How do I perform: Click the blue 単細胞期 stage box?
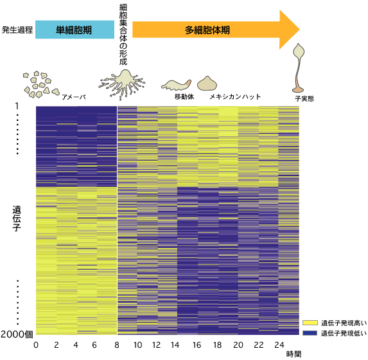[x=74, y=30]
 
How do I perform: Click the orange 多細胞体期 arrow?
[x=216, y=30]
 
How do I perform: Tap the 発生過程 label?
[x=17, y=30]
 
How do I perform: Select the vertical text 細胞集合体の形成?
[x=123, y=35]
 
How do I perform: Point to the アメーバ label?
[x=74, y=97]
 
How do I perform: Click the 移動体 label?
[x=184, y=96]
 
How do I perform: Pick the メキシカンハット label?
[x=235, y=96]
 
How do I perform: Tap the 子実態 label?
[x=304, y=98]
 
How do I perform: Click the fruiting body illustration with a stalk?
[x=298, y=68]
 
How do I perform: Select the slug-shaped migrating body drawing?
[x=176, y=85]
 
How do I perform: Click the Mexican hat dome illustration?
[x=207, y=84]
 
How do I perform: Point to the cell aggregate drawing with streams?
[x=122, y=84]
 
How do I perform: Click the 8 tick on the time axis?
[x=117, y=345]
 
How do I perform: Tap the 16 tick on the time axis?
[x=197, y=345]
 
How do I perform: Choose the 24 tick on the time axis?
[x=279, y=345]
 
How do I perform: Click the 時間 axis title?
[x=294, y=354]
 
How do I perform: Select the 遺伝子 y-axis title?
[x=17, y=219]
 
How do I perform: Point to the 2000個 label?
[x=17, y=334]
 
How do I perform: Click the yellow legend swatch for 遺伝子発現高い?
[x=310, y=323]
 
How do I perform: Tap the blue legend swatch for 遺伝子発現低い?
[x=310, y=333]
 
